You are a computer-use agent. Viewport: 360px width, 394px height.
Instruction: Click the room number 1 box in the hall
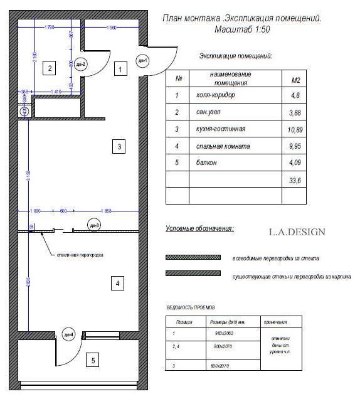pyautogui.click(x=117, y=70)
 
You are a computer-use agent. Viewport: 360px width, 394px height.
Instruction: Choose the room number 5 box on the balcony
pyautogui.click(x=93, y=360)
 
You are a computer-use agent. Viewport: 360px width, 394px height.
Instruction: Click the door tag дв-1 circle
pyautogui.click(x=142, y=61)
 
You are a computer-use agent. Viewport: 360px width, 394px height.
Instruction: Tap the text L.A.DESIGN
pyautogui.click(x=297, y=232)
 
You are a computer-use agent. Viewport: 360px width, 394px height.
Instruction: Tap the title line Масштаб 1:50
pyautogui.click(x=241, y=29)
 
